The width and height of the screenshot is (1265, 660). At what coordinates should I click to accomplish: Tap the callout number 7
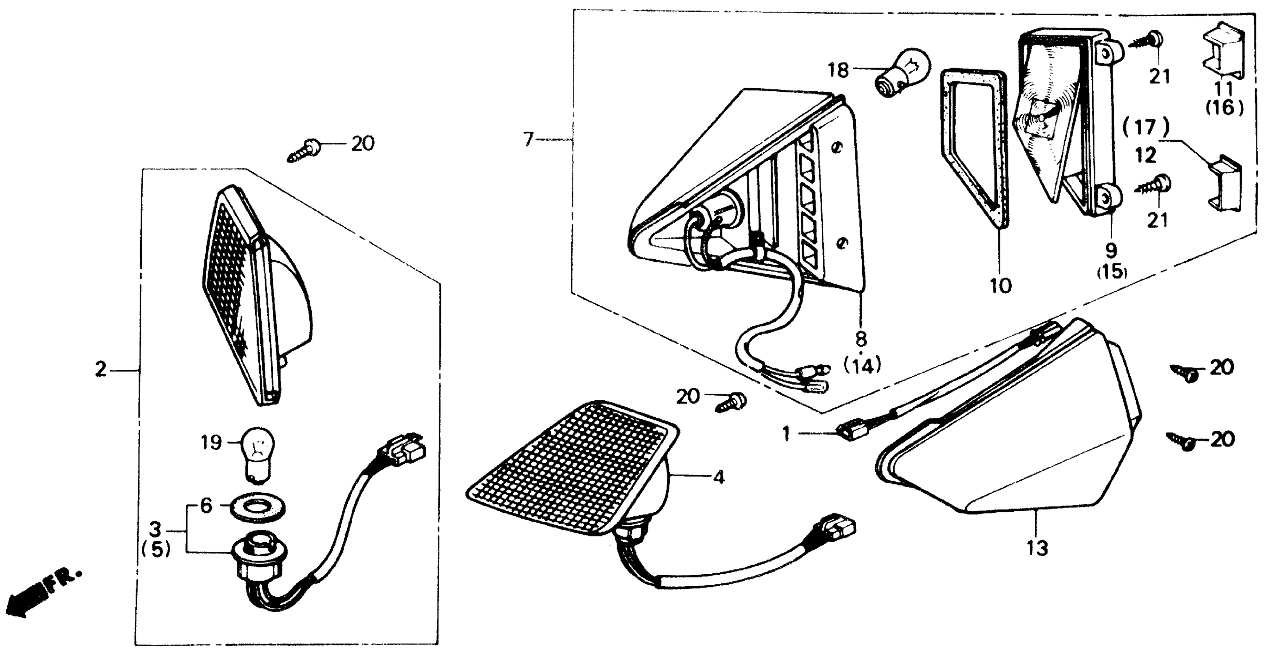point(528,140)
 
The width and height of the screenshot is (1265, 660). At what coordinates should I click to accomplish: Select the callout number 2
point(101,369)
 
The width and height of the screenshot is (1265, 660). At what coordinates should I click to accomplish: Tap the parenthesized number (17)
point(1145,128)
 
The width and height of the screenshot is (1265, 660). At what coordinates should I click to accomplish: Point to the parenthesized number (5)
point(156,550)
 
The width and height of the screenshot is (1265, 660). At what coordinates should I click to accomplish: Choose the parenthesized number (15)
point(1112,271)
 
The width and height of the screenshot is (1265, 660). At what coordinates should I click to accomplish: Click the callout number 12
point(1146,156)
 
